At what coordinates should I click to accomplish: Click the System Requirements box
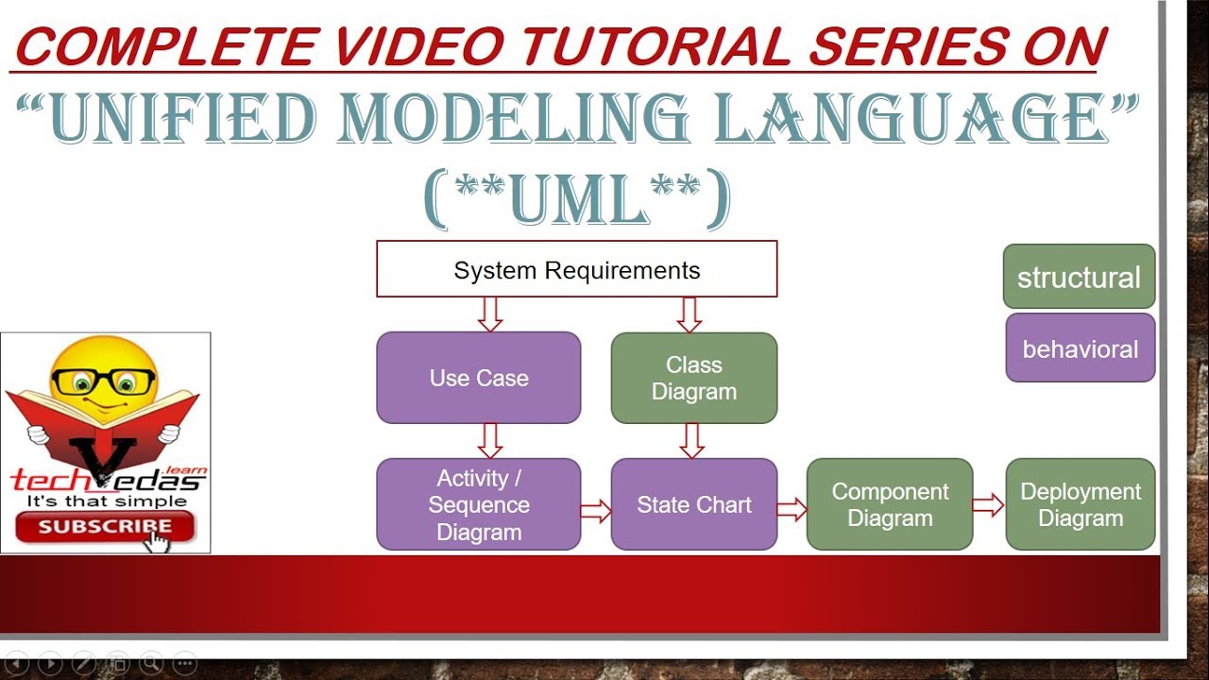[x=576, y=269]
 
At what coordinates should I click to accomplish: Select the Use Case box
[x=479, y=377]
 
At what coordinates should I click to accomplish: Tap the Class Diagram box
[x=694, y=378]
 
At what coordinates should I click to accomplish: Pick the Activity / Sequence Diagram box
[x=479, y=504]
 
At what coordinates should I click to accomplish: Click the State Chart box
[x=694, y=504]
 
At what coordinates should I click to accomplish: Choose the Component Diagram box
[x=890, y=504]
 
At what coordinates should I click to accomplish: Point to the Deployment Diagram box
[x=1081, y=504]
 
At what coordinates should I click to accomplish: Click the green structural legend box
[x=1080, y=277]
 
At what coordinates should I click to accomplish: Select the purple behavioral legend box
[x=1081, y=348]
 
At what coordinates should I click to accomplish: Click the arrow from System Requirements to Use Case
[x=490, y=314]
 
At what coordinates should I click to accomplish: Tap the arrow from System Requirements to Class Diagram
[x=690, y=314]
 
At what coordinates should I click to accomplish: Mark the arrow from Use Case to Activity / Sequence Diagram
[x=490, y=441]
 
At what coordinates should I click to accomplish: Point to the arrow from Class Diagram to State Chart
[x=692, y=441]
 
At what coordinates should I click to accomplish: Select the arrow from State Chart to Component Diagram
[x=792, y=509]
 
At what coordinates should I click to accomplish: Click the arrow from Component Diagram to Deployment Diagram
[x=989, y=505]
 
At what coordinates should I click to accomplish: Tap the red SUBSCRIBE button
[x=105, y=526]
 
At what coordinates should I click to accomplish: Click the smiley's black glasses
[x=103, y=381]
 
